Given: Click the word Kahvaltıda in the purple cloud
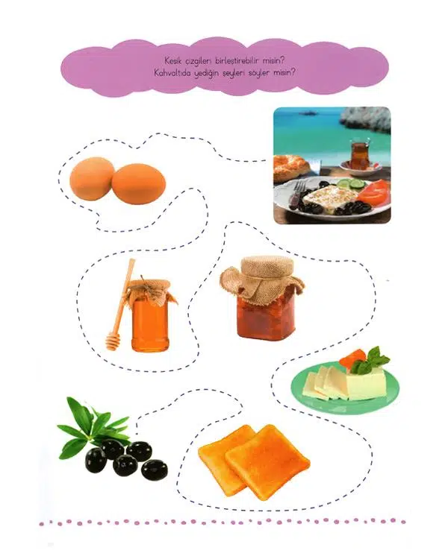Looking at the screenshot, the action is [172, 74].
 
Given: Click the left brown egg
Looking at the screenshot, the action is [92, 179].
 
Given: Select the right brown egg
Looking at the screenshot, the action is [139, 183].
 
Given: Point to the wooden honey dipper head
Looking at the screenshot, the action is [113, 341].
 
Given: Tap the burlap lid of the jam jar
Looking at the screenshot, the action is [263, 279].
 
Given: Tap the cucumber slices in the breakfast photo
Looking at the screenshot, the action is [351, 183].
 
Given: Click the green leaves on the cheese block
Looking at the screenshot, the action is [372, 359].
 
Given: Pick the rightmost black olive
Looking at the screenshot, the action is [154, 470].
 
